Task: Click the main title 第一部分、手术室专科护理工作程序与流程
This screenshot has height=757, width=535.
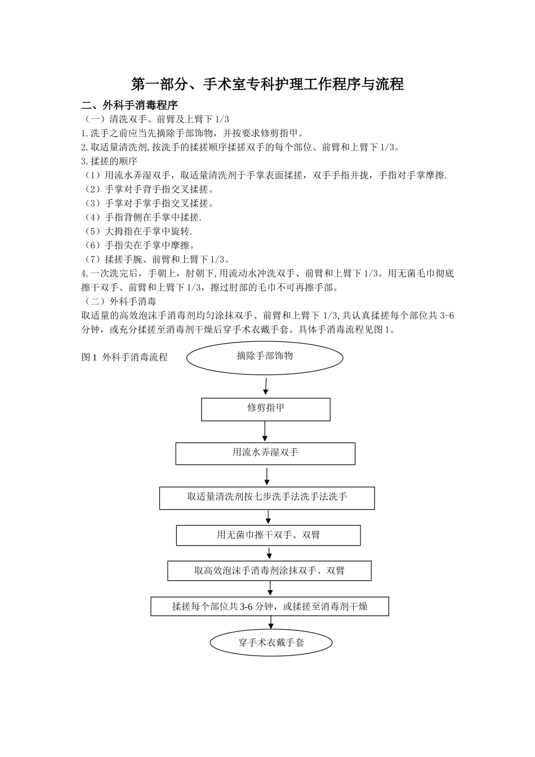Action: click(267, 84)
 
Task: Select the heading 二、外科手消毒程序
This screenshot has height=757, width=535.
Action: click(130, 105)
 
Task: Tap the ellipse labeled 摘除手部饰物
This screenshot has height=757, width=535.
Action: click(265, 357)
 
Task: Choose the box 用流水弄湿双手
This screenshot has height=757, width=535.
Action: click(265, 453)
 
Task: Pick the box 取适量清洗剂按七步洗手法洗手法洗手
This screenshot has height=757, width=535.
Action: click(267, 497)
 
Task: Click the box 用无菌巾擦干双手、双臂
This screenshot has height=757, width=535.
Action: click(268, 535)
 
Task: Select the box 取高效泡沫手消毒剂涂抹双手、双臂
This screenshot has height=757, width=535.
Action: click(269, 571)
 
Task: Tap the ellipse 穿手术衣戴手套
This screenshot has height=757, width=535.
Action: click(271, 642)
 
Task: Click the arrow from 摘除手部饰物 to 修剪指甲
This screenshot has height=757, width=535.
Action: click(265, 386)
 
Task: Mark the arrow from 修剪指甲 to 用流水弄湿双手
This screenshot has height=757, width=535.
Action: click(265, 431)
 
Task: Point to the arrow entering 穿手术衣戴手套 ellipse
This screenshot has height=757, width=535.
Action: click(271, 622)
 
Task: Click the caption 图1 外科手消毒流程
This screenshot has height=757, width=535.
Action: click(124, 357)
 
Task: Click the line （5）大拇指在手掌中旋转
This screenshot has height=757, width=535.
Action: click(137, 231)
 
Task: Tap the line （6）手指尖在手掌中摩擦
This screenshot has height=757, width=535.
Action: click(139, 245)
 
